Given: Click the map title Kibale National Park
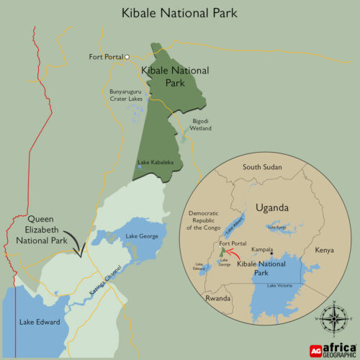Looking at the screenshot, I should (x=179, y=13).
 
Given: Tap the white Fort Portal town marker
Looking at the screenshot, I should (x=126, y=56).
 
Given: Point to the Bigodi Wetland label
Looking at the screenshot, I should (x=202, y=125).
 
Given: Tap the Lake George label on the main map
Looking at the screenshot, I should (x=141, y=236).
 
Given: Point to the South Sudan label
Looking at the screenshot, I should (x=261, y=167).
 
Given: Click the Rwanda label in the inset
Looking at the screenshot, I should (x=217, y=297).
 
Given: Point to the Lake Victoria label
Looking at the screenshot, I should (x=280, y=287).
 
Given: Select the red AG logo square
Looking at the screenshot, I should (x=315, y=350).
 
